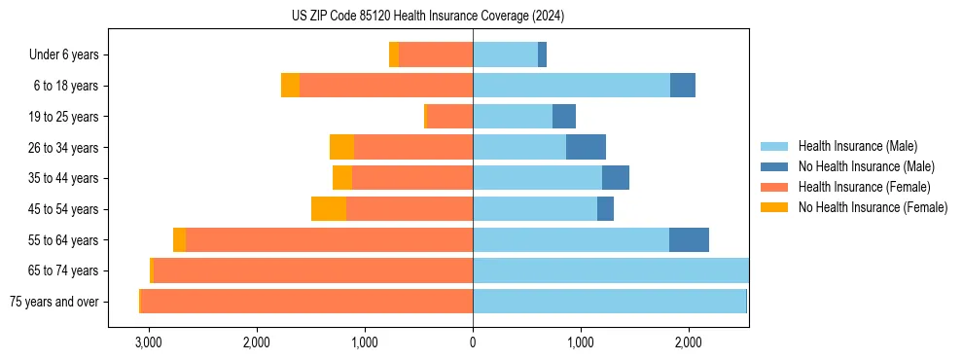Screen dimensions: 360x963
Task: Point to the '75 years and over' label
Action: click(53, 302)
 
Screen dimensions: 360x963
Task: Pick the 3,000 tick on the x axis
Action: click(149, 342)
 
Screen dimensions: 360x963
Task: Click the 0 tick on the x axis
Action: click(473, 342)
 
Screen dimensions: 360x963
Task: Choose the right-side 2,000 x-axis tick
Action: click(688, 342)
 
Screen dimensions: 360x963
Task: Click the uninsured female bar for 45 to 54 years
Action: click(329, 209)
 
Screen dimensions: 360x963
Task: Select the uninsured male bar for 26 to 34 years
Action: click(586, 148)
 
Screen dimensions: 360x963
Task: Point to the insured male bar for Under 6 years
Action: click(505, 55)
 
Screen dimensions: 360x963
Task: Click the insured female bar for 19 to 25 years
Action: click(449, 117)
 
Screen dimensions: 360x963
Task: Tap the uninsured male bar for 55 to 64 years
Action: click(689, 240)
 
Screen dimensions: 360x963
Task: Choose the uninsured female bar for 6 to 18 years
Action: click(290, 86)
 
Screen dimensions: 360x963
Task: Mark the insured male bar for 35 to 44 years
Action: click(537, 178)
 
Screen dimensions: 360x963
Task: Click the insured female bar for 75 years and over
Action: click(306, 302)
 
